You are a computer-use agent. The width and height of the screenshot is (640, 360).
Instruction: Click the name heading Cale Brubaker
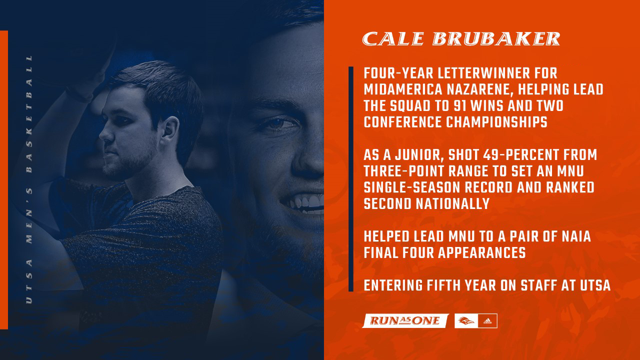point(461,39)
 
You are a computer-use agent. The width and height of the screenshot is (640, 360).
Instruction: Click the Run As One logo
point(405,321)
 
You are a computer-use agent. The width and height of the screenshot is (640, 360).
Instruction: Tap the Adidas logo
point(489,321)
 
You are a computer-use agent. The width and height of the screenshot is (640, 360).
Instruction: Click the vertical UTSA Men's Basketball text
point(29,179)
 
